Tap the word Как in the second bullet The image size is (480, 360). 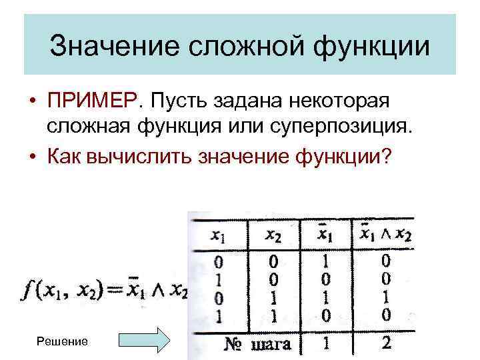67,157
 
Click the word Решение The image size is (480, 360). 63,341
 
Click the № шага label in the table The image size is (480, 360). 259,344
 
